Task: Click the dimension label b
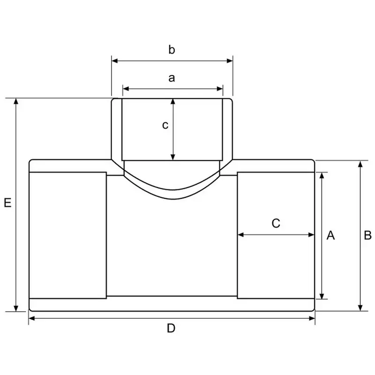pyautogui.click(x=172, y=50)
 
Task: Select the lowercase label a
pyautogui.click(x=172, y=78)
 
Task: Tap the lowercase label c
pyautogui.click(x=165, y=125)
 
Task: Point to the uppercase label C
pyautogui.click(x=276, y=223)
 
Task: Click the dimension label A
pyautogui.click(x=330, y=235)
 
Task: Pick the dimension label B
pyautogui.click(x=367, y=235)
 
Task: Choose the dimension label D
pyautogui.click(x=171, y=329)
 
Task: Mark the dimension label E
pyautogui.click(x=7, y=203)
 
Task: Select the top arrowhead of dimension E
pyautogui.click(x=16, y=102)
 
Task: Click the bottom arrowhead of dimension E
pyautogui.click(x=16, y=307)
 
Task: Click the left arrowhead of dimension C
pyautogui.click(x=241, y=234)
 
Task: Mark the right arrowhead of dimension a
pyautogui.click(x=220, y=89)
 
